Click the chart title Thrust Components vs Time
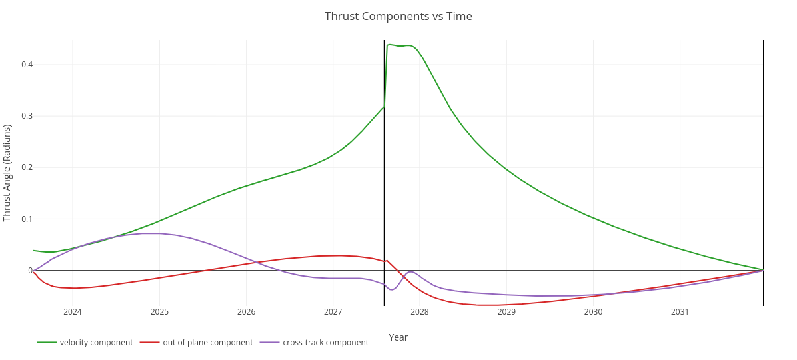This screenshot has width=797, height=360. click(x=398, y=16)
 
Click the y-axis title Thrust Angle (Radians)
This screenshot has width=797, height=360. click(x=8, y=173)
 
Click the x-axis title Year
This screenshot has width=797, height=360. click(x=398, y=337)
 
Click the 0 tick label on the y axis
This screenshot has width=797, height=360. click(x=30, y=271)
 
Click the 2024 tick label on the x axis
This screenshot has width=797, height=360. click(x=73, y=312)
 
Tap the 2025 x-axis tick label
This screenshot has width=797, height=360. click(x=159, y=312)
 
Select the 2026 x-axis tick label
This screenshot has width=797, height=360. click(x=246, y=312)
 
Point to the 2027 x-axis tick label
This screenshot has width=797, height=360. click(x=333, y=312)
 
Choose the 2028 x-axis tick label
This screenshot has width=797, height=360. click(x=420, y=312)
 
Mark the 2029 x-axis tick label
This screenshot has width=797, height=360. click(x=506, y=312)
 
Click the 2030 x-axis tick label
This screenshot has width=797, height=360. click(x=593, y=312)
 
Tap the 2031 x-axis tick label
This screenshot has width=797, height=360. click(x=680, y=312)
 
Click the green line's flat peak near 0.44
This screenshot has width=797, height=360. click(x=400, y=45)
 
